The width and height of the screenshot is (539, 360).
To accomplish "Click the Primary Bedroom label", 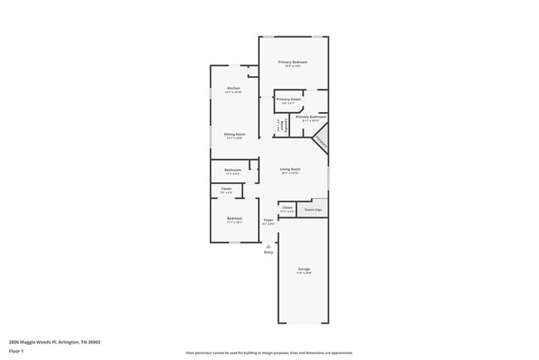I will (293, 62).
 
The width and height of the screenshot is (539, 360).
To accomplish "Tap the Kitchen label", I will (234, 89).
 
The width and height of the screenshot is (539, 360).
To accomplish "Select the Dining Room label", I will (234, 134).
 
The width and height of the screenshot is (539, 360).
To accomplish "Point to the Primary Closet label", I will (289, 100).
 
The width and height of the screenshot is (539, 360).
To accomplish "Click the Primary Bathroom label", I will (311, 117).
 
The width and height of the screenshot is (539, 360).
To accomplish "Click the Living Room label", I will (289, 169).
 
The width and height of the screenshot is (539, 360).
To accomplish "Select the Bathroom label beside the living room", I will (232, 170).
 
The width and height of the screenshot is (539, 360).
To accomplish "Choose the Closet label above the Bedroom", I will (226, 189).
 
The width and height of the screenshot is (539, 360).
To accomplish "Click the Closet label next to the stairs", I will (287, 207).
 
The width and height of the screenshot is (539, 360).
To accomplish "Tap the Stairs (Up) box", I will (314, 210).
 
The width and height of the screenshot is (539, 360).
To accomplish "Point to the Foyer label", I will (269, 220).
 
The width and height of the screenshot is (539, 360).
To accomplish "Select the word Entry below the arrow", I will (268, 251).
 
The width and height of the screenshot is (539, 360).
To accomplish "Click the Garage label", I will (303, 270).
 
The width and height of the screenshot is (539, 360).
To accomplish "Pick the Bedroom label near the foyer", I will (235, 219).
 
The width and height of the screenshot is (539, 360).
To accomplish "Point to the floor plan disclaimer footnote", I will (269, 352).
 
